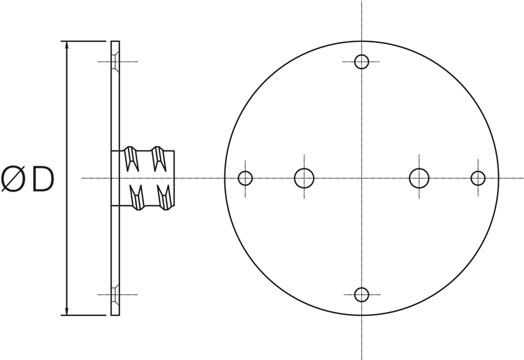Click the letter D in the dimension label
tap(43, 180)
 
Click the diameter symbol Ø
tap(13, 180)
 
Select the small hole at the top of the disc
tap(362, 62)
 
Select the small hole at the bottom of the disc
tap(362, 295)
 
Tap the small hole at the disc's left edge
tap(245, 178)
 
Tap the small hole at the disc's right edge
tap(478, 178)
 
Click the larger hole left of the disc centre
tap(304, 178)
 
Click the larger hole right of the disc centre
tap(419, 178)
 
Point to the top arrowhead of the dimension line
tap(67, 45)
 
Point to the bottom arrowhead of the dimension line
tap(67, 311)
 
